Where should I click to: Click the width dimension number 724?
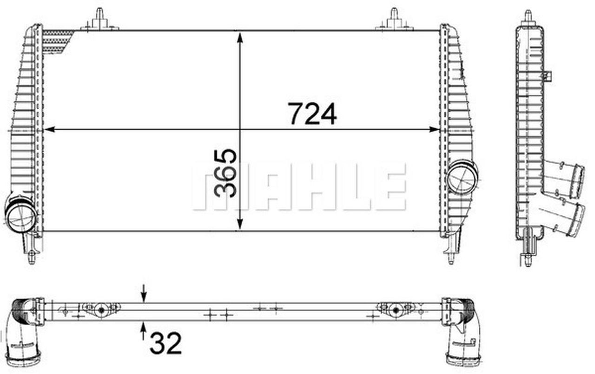coord(312,114)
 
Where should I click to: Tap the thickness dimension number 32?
coord(165,343)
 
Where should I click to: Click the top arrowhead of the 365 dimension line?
coord(240,37)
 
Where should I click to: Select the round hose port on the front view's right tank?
coord(461,177)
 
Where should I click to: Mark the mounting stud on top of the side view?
coord(528,17)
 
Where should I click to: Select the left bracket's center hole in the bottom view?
coord(100,310)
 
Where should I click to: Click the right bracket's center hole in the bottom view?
coord(395,310)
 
